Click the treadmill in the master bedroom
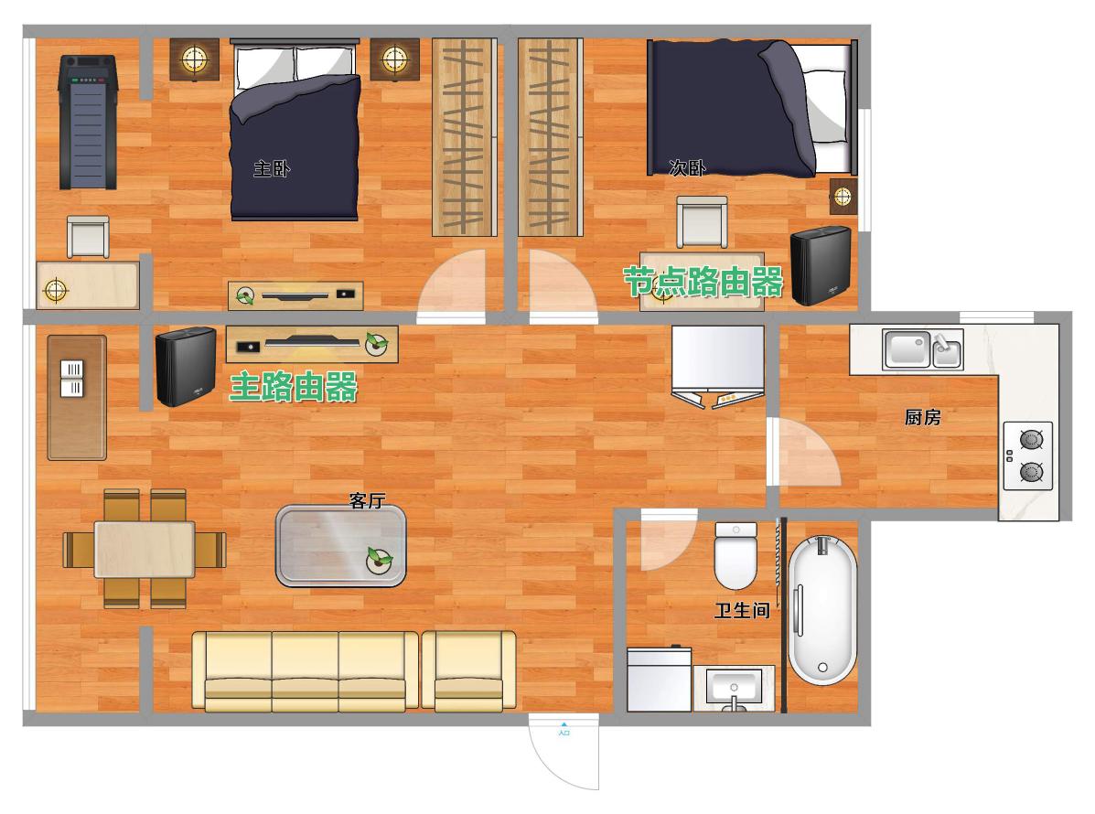87,123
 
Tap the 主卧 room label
272,168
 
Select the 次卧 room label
687,167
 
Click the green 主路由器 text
294,387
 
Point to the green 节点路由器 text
703,282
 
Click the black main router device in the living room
186,366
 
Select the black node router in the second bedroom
821,266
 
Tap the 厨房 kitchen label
922,417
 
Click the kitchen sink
922,349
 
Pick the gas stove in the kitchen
1028,455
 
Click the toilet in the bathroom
735,556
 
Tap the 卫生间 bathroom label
742,611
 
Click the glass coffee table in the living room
341,546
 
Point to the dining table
145,550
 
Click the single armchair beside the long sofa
468,671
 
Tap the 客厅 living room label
368,500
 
